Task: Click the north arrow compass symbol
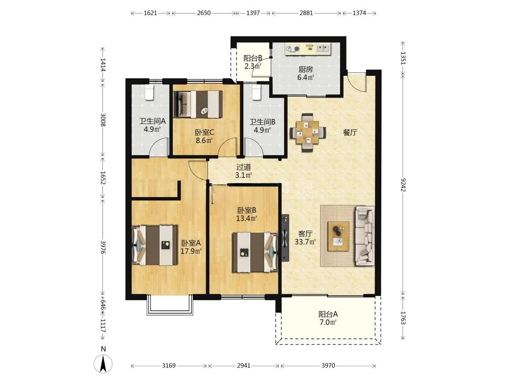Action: (103, 363)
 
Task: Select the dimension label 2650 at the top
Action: (204, 13)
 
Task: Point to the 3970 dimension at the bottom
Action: (328, 366)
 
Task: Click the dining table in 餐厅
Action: (307, 132)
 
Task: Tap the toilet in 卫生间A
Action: (149, 93)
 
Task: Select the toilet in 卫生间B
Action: (256, 93)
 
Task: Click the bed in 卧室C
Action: (198, 104)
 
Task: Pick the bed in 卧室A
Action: (155, 245)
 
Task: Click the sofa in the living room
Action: (365, 236)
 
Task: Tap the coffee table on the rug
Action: (338, 236)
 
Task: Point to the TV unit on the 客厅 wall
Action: (285, 238)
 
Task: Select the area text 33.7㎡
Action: (305, 242)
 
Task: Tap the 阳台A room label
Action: (328, 314)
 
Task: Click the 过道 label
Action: (243, 167)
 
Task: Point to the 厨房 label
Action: (306, 70)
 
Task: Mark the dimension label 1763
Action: (403, 318)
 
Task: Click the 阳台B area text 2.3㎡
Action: (252, 67)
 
